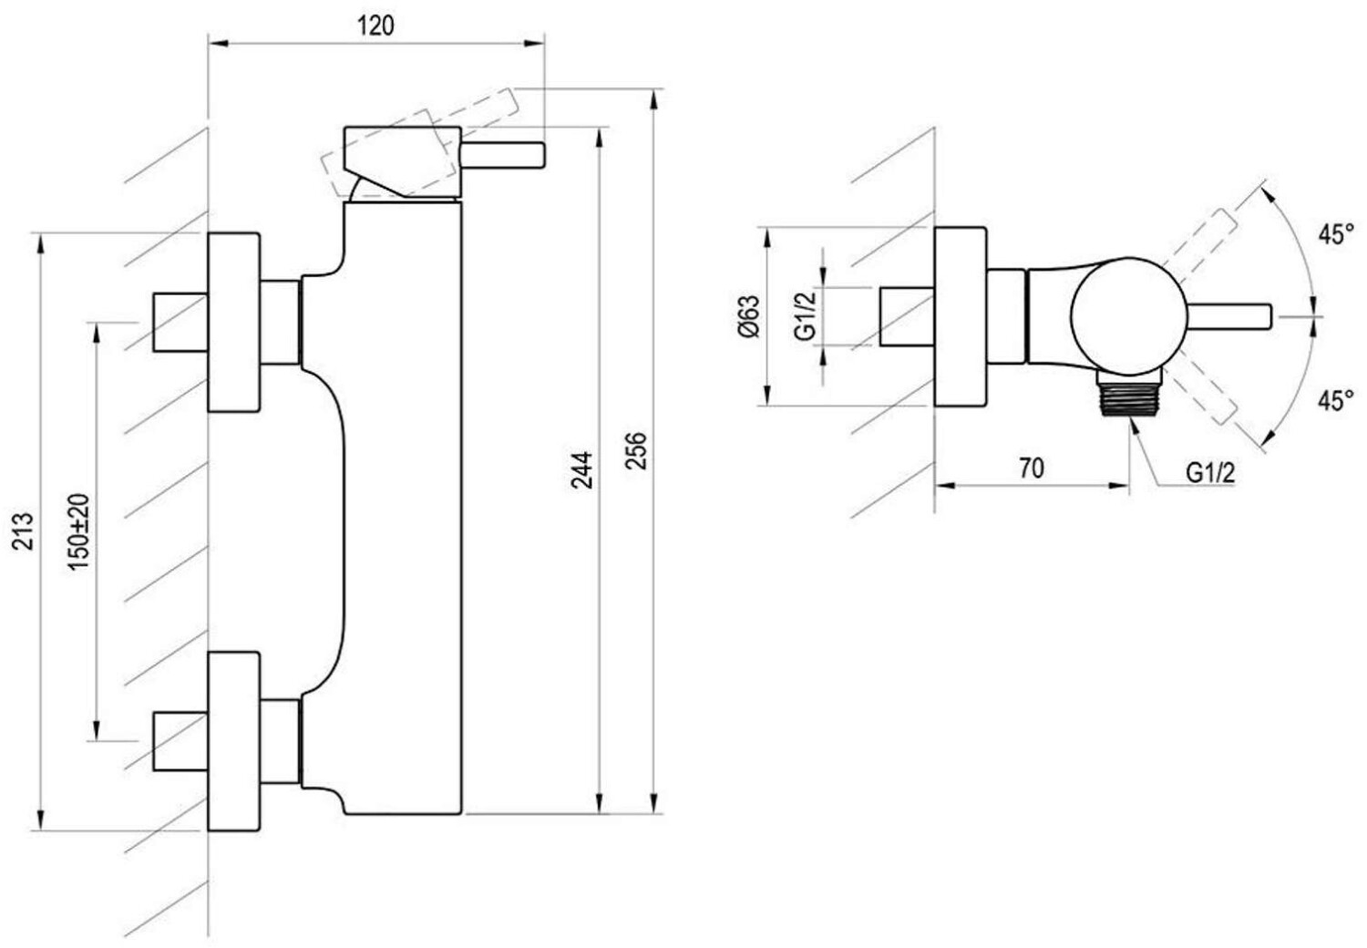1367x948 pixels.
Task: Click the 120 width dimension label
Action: click(375, 26)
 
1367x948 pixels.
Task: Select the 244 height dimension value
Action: click(582, 469)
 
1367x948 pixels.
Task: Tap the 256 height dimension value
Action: click(636, 451)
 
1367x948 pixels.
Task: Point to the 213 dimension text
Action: click(23, 531)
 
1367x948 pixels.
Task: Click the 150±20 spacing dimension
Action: click(79, 531)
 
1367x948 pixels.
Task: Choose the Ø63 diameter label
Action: click(749, 316)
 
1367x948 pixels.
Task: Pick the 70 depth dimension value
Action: click(1031, 469)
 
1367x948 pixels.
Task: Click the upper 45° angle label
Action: click(1336, 234)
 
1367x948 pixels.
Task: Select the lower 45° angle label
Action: click(1336, 399)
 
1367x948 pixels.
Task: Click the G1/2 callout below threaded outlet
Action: click(1210, 472)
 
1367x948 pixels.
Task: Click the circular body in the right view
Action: click(1128, 315)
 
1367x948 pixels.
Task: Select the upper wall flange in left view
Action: click(234, 322)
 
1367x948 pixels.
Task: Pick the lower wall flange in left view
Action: click(234, 741)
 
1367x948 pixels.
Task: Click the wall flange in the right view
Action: click(960, 316)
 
